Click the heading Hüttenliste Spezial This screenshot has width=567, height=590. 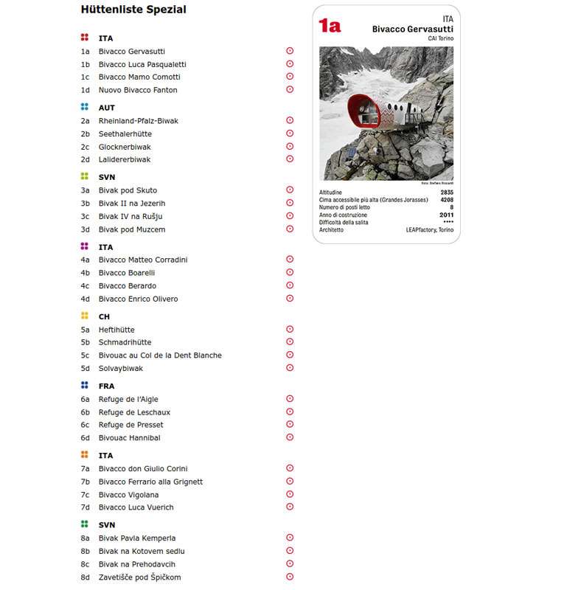pyautogui.click(x=133, y=10)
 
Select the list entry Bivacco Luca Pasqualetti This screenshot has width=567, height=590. pyautogui.click(x=142, y=64)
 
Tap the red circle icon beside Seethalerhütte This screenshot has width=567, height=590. pyautogui.click(x=290, y=133)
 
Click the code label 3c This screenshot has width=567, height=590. pyautogui.click(x=85, y=216)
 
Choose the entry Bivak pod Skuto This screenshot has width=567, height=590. pyautogui.click(x=128, y=190)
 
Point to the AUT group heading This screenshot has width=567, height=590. pyautogui.click(x=107, y=108)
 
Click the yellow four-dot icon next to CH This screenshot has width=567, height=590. pyautogui.click(x=85, y=316)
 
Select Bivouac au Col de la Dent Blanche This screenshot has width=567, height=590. pyautogui.click(x=160, y=355)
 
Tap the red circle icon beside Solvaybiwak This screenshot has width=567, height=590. pyautogui.click(x=290, y=367)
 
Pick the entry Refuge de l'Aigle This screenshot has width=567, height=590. pyautogui.click(x=128, y=399)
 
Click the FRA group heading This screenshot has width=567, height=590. pyautogui.click(x=107, y=386)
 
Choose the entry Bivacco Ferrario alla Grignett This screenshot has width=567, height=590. pyautogui.click(x=150, y=482)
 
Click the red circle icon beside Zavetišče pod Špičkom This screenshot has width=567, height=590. pyautogui.click(x=290, y=577)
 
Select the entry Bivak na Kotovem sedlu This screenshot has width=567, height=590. pyautogui.click(x=142, y=551)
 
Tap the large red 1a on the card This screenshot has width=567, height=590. pyautogui.click(x=330, y=26)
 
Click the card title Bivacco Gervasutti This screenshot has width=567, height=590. pyautogui.click(x=412, y=29)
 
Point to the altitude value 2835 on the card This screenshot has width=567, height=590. pyautogui.click(x=446, y=192)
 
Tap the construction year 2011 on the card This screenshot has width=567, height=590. pyautogui.click(x=446, y=215)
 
